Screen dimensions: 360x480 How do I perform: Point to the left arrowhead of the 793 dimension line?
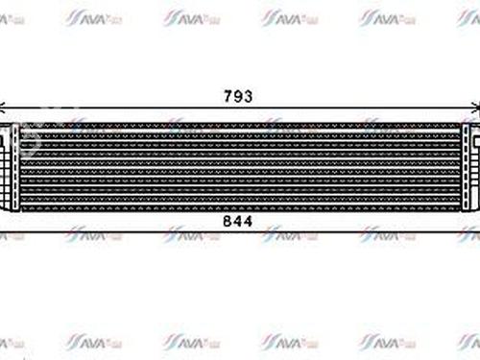click(x=4, y=108)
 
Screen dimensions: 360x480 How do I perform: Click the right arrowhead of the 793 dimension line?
click(x=475, y=108)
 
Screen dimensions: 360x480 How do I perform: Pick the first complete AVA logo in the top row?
click(x=92, y=17)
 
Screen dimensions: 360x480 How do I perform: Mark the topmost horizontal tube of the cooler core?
click(x=240, y=125)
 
